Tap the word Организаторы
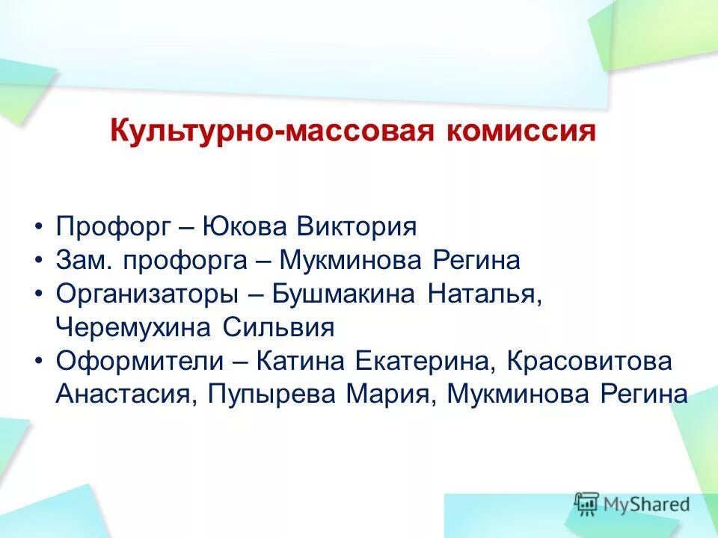click(x=141, y=294)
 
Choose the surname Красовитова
click(x=590, y=362)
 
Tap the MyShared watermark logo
click(x=632, y=504)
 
